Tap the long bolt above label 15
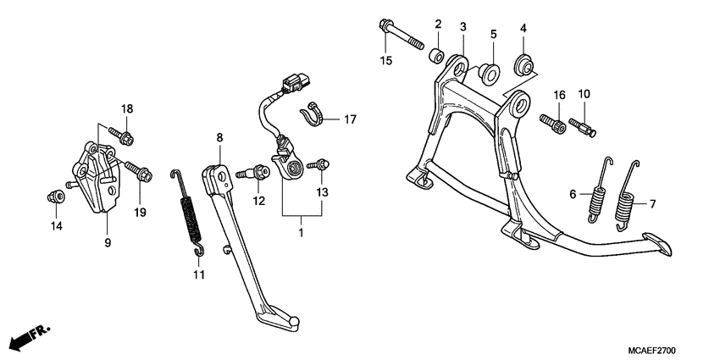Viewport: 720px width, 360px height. tap(401, 36)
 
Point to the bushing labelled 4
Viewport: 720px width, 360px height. tap(523, 64)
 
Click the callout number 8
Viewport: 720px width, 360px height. tap(219, 137)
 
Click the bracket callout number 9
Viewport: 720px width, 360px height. tap(107, 243)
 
